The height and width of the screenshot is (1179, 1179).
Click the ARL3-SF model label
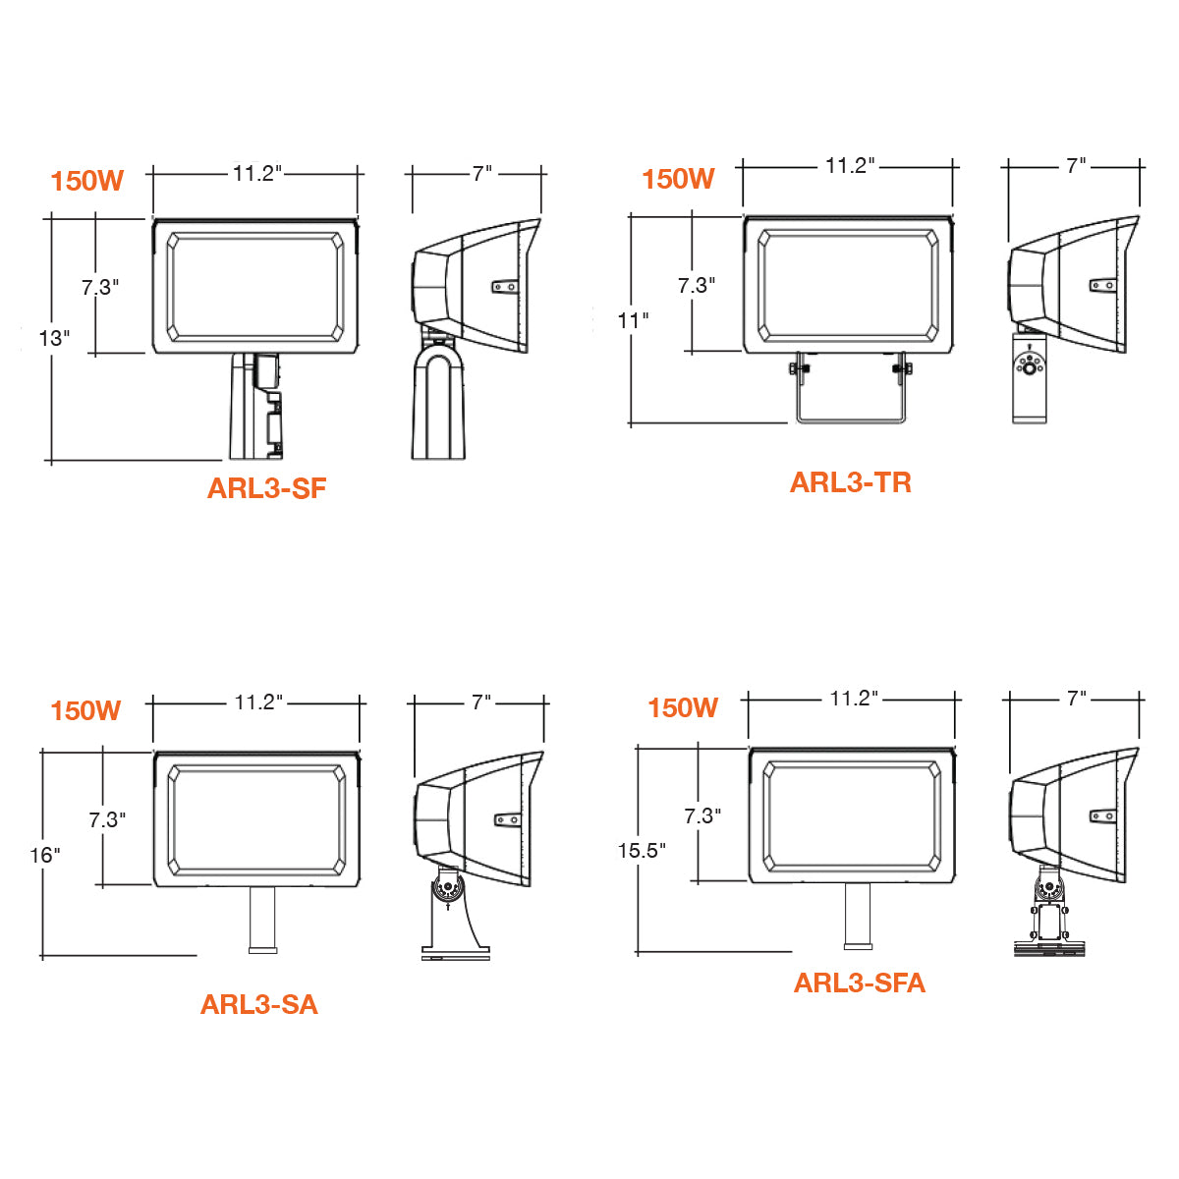point(267,488)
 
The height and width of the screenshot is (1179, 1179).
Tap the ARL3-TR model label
point(851,482)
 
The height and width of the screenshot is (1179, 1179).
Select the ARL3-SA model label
point(258,1005)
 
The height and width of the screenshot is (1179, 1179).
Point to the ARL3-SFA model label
point(859,983)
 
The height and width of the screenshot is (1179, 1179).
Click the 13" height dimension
point(54,338)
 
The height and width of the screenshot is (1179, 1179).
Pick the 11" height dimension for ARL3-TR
point(633,320)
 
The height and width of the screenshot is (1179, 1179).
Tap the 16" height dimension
point(44,855)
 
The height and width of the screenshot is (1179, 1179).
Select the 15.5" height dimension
point(642,851)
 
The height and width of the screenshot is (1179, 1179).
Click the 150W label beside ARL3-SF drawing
point(86,181)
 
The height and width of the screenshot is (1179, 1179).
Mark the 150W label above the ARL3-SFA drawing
point(683,707)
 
